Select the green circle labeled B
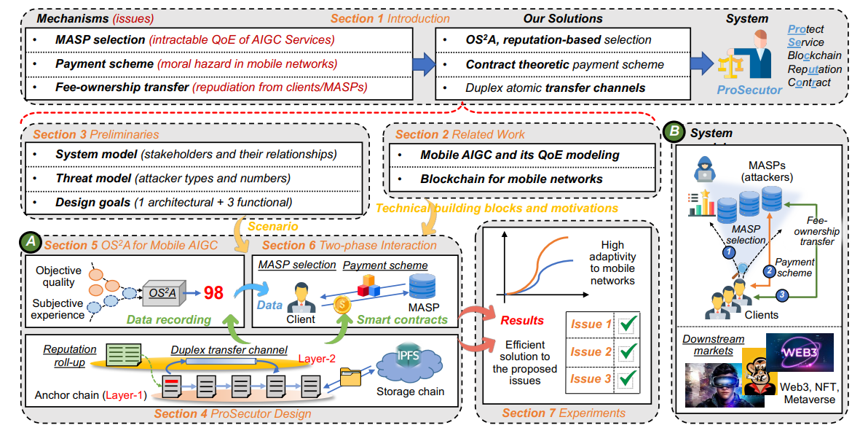(675, 132)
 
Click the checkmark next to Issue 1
(626, 324)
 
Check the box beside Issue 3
(626, 379)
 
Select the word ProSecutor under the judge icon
(744, 89)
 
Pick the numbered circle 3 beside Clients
(781, 295)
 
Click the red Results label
(521, 320)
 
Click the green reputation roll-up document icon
(122, 356)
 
